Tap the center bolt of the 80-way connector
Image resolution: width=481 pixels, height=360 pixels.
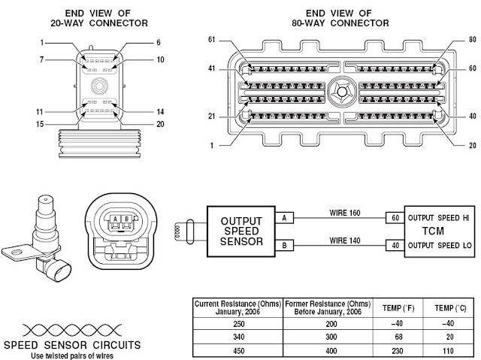coord(341,92)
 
